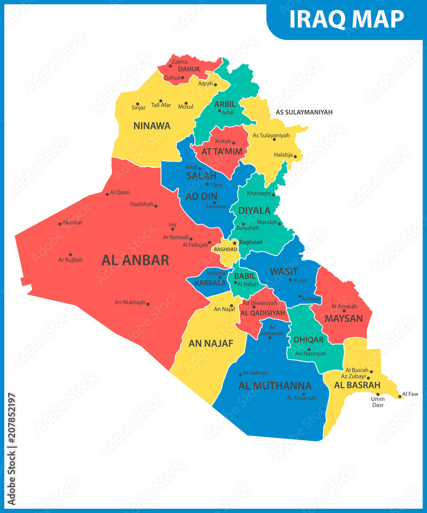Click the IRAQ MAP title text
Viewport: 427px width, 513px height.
tap(347, 19)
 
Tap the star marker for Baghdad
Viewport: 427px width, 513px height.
tap(235, 243)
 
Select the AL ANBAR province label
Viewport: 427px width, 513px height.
tap(135, 260)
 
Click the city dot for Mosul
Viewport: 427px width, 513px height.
tap(192, 103)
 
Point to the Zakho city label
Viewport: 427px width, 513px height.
tap(180, 62)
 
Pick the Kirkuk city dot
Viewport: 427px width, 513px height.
tap(234, 143)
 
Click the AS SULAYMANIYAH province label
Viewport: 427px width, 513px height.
tap(304, 112)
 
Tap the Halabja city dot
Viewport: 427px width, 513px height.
tap(295, 156)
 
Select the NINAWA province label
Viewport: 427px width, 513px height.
tap(152, 126)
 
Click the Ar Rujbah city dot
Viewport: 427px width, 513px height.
tap(70, 254)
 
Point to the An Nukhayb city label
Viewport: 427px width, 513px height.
tap(130, 302)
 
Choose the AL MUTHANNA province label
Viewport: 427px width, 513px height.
tap(275, 386)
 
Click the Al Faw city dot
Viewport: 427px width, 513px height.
tap(400, 397)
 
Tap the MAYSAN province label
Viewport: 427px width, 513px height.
tap(343, 319)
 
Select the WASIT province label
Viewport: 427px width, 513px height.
tap(283, 271)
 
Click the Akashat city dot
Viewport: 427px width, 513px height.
tap(59, 223)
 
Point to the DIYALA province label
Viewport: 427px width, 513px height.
tap(254, 210)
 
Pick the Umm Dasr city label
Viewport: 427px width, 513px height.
tap(378, 402)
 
